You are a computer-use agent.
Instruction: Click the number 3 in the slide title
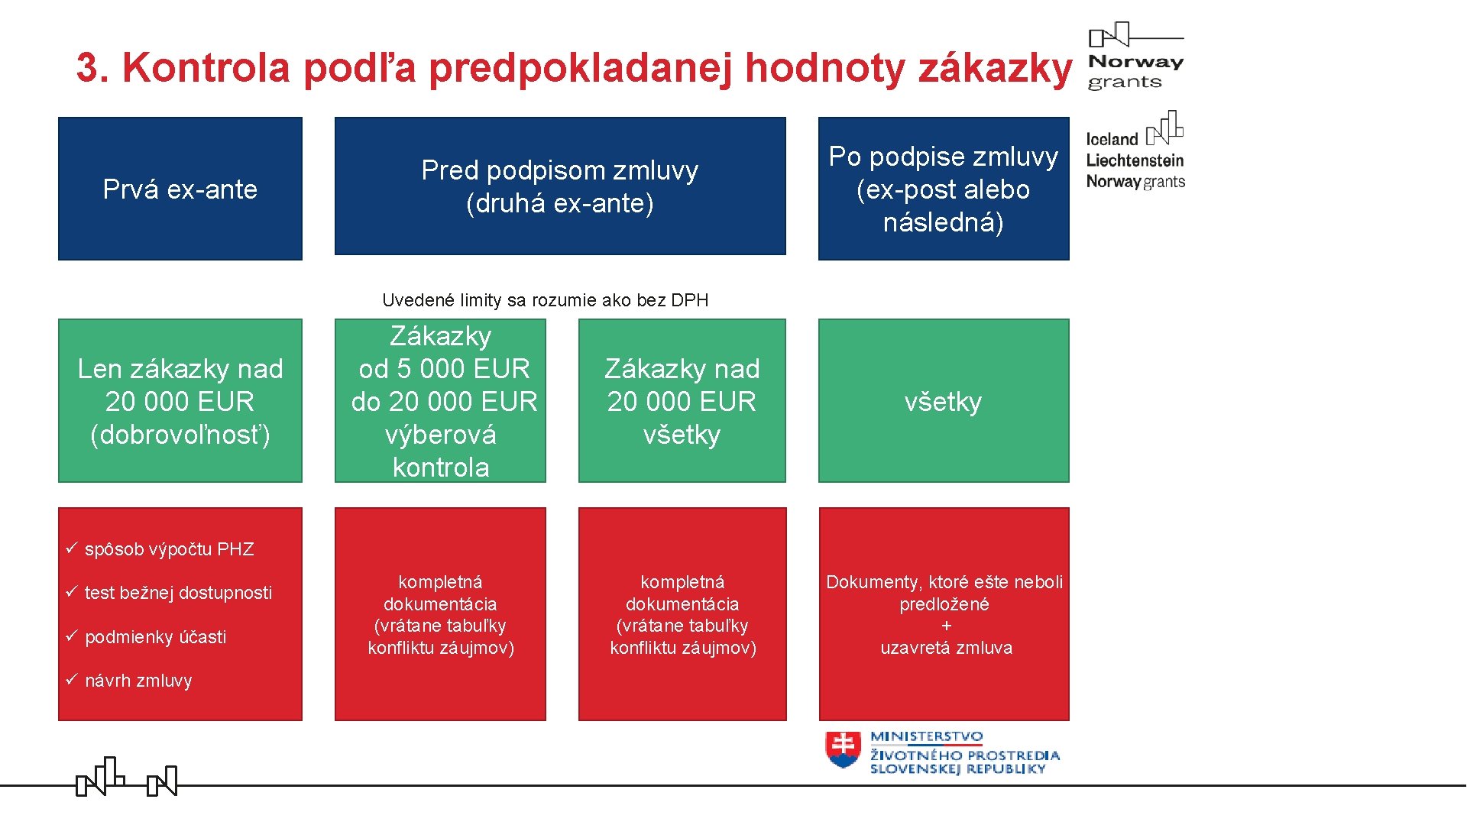(89, 67)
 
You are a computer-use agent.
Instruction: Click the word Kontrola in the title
(206, 67)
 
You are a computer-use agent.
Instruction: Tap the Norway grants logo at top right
(1135, 57)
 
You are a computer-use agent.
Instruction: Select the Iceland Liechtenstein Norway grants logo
(1135, 151)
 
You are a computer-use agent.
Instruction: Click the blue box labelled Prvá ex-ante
(180, 189)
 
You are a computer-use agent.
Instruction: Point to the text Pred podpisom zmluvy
(559, 170)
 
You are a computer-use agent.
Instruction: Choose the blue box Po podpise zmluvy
(944, 189)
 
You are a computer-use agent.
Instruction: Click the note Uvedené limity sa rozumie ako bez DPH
(545, 300)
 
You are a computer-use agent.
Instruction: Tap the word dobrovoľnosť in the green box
(180, 435)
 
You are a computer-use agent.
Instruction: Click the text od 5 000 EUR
(444, 369)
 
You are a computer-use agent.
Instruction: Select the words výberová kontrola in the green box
(441, 451)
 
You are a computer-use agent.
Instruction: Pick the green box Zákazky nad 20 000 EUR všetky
(682, 401)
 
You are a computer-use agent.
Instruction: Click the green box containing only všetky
(944, 401)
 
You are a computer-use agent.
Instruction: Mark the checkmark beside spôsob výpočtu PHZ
(72, 548)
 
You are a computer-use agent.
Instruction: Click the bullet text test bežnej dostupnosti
(178, 593)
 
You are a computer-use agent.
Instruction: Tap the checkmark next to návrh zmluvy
(72, 679)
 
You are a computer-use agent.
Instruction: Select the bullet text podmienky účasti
(155, 637)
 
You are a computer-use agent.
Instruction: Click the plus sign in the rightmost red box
(947, 626)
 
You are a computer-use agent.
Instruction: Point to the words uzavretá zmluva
(946, 648)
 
